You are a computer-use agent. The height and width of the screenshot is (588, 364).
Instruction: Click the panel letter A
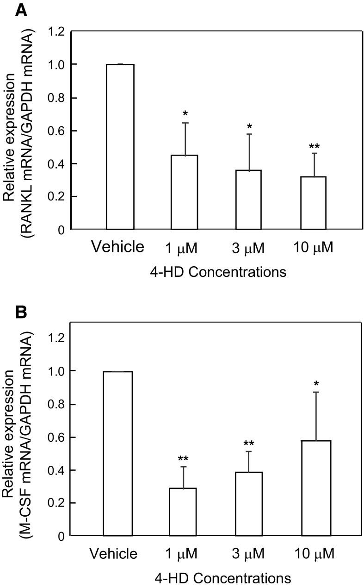click(x=21, y=10)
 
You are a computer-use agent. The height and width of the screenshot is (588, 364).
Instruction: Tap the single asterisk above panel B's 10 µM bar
click(x=316, y=384)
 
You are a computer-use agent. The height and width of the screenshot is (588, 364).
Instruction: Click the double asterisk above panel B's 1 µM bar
click(x=183, y=459)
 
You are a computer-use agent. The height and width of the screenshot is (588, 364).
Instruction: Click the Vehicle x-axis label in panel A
click(x=117, y=247)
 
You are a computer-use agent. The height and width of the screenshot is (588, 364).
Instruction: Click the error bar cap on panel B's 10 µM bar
click(x=316, y=392)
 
